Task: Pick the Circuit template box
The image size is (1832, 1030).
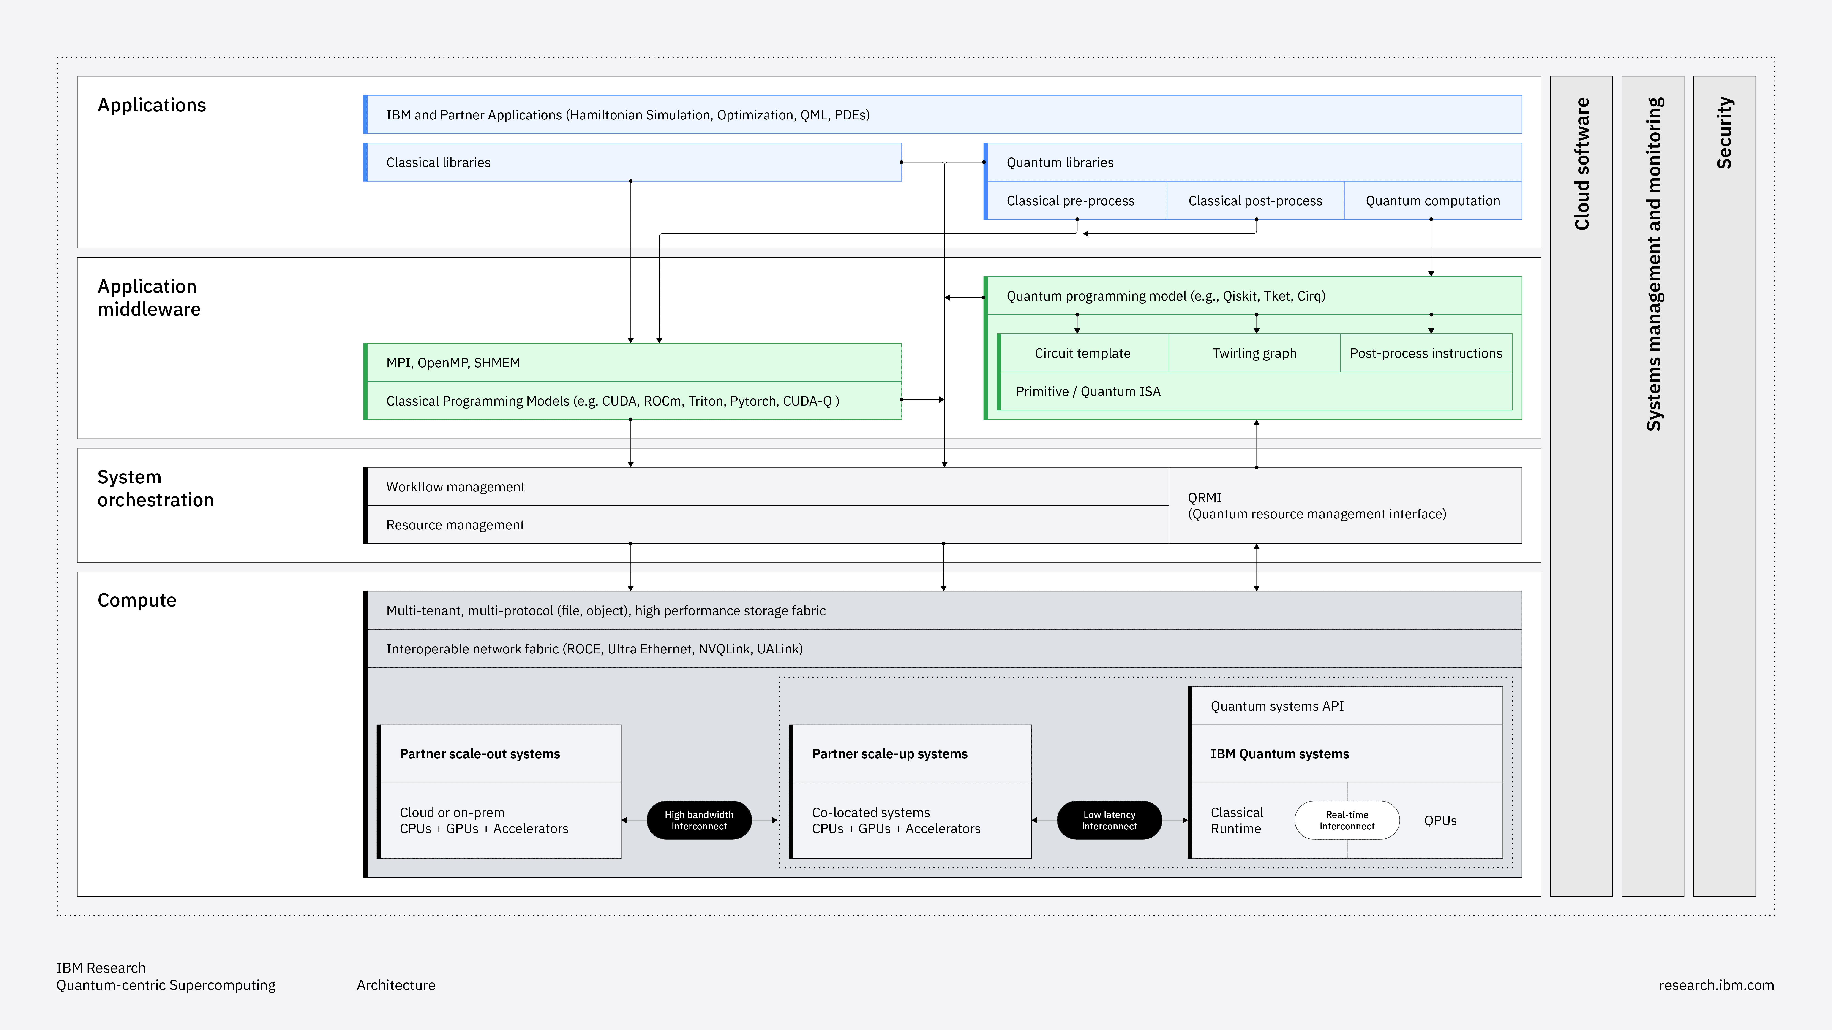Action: point(1082,353)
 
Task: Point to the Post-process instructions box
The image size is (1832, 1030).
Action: point(1426,353)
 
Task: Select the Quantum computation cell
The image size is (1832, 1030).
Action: point(1432,201)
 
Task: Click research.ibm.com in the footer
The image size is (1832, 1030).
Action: point(1716,985)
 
